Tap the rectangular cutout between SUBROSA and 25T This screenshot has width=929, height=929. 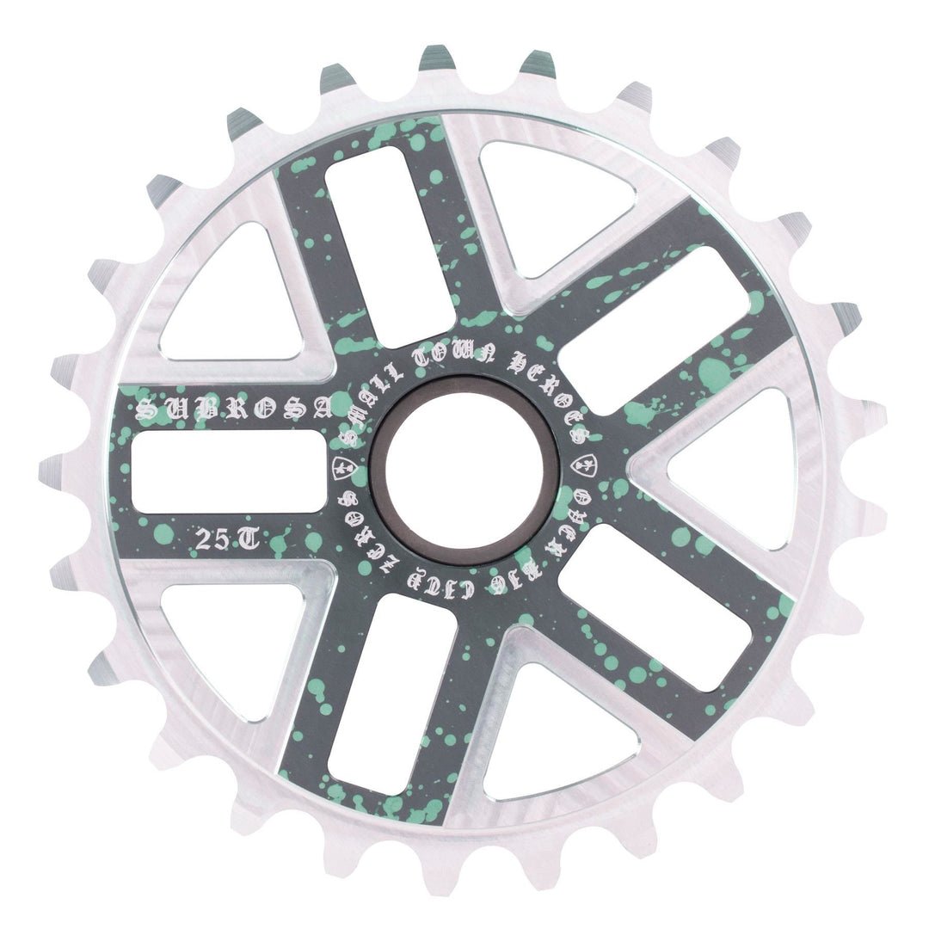[x=229, y=471]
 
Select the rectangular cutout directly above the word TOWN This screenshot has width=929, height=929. [x=391, y=244]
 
